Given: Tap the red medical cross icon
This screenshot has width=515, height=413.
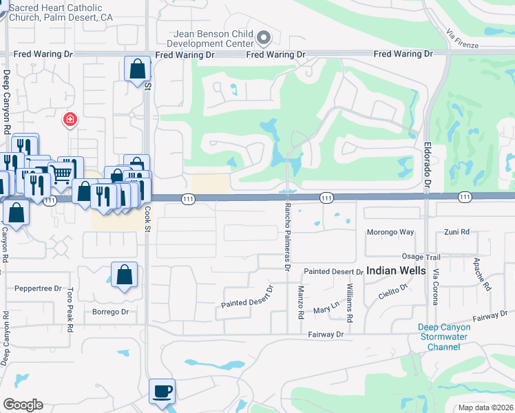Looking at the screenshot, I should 70,120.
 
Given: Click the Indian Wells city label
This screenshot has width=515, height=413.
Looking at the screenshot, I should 396,271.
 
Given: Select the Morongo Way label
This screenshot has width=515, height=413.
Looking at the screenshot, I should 390,232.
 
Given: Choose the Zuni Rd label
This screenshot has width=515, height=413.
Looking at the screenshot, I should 456,232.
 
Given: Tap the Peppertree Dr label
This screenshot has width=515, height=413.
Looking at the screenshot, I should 38,288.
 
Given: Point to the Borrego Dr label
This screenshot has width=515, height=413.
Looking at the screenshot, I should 110,312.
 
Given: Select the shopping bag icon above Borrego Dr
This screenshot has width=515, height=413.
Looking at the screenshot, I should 124,275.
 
